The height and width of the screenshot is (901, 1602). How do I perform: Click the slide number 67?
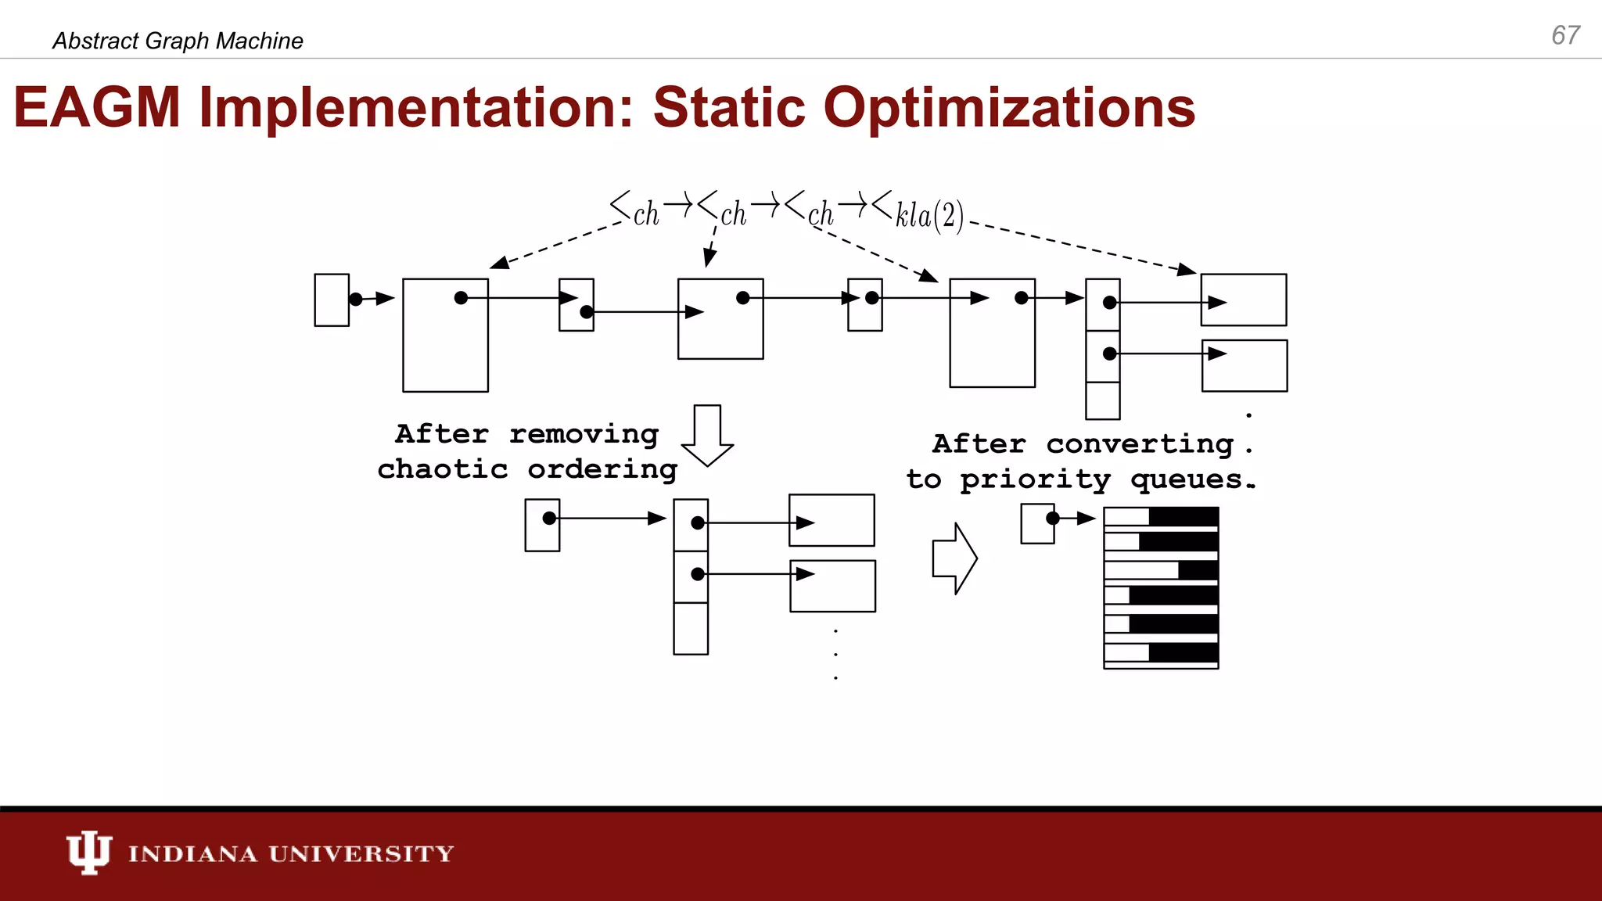click(1565, 35)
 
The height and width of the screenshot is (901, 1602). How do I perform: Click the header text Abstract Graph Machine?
click(178, 41)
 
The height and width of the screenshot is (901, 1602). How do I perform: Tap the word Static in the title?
click(728, 107)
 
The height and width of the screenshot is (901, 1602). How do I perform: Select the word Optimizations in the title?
click(1009, 109)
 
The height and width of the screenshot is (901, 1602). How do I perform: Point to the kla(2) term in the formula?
click(929, 214)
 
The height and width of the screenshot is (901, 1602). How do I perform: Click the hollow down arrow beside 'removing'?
click(707, 436)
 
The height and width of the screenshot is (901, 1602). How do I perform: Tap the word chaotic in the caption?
click(443, 469)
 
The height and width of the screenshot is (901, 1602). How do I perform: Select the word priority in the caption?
click(1035, 479)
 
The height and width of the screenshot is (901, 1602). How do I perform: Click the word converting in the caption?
click(1140, 444)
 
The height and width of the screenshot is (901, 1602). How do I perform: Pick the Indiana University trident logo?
click(88, 852)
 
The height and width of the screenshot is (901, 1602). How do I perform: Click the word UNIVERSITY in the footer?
click(361, 853)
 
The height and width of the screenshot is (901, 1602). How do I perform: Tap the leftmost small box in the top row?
click(332, 300)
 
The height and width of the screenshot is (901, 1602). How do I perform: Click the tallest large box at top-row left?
click(445, 336)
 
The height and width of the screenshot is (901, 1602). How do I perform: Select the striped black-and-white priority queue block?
click(1161, 588)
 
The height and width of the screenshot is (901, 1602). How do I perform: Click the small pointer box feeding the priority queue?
click(1037, 523)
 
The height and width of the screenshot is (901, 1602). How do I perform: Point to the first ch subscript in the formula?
click(646, 214)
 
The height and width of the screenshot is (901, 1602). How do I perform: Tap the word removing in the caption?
click(584, 434)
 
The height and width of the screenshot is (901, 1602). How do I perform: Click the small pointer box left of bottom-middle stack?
click(542, 526)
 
